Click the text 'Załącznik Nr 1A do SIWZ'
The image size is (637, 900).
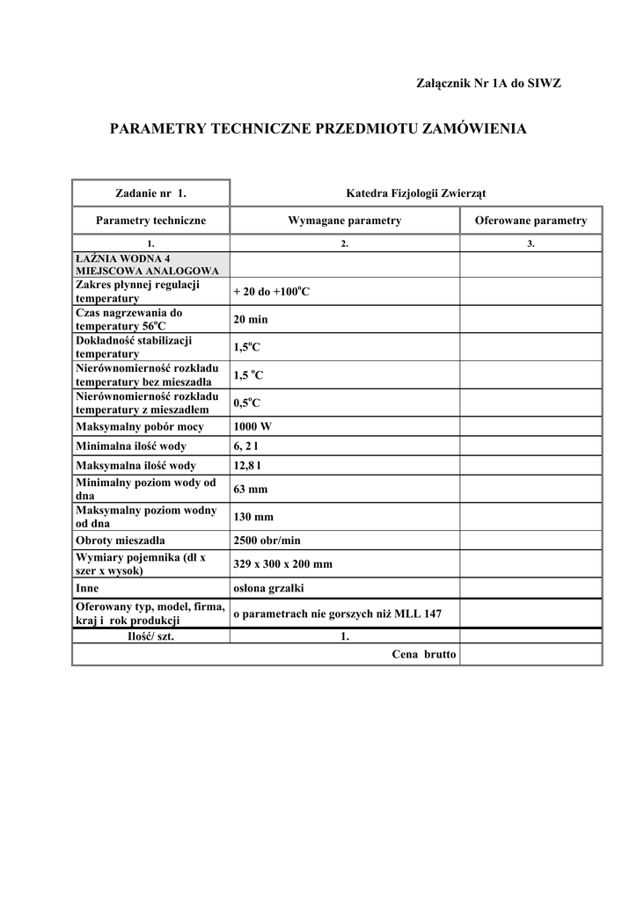point(487,83)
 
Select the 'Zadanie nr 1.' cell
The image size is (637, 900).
point(150,192)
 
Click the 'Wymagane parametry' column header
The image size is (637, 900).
point(344,221)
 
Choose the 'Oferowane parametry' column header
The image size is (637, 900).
point(531,221)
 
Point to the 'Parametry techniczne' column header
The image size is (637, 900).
point(150,221)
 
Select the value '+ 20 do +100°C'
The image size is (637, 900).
point(271,291)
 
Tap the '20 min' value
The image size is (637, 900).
point(251,319)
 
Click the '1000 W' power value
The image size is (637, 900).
point(253,427)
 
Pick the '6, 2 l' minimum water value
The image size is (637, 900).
point(247,446)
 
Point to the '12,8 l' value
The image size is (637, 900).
point(248,465)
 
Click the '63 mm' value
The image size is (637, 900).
point(251,489)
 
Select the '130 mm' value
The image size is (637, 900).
point(253,517)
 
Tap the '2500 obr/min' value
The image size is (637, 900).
point(267,540)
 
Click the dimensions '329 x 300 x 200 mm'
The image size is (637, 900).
point(282,563)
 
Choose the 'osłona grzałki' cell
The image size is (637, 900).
point(267,587)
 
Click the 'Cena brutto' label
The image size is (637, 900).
point(423,655)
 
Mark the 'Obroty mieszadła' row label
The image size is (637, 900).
point(121,540)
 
